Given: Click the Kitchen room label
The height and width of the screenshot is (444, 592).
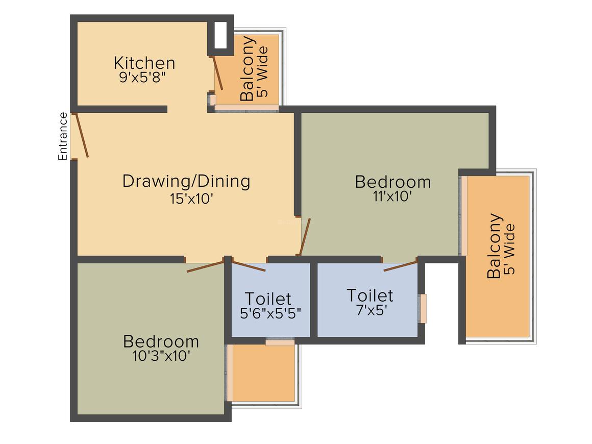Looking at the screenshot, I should tap(144, 63).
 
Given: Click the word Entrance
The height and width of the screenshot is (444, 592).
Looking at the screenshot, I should tap(63, 136).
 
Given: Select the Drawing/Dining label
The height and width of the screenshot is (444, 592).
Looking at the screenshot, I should tap(186, 181).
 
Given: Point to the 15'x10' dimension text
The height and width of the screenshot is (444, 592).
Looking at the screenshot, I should tap(191, 199).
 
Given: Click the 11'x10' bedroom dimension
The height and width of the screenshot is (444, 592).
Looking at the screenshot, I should tap(392, 196).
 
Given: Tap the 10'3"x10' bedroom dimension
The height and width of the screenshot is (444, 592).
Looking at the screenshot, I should tap(162, 356).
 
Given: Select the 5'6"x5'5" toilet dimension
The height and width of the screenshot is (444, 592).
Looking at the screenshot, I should tap(270, 313).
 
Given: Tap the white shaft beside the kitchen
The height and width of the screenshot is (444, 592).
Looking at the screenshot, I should tap(221, 36).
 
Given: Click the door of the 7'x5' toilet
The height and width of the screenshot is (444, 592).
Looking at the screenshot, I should tap(401, 265).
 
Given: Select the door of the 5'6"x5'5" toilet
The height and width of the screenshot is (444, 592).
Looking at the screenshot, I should tap(249, 266).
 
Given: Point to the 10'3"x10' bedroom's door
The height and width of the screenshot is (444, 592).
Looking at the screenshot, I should tap(205, 266).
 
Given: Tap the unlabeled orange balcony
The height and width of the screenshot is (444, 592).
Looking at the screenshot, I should tap(263, 373).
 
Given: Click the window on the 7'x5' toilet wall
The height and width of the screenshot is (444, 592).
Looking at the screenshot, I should tap(423, 308).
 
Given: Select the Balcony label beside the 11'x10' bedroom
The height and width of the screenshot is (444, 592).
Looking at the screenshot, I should tap(494, 246).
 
